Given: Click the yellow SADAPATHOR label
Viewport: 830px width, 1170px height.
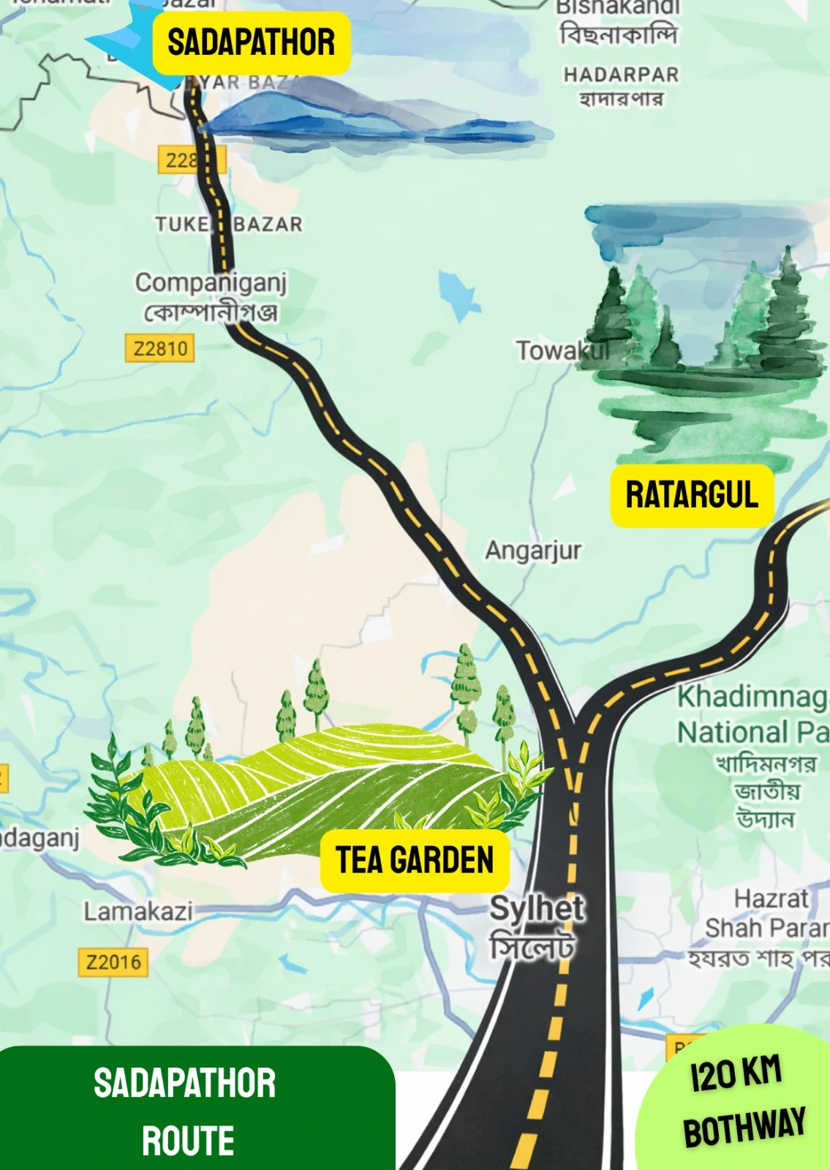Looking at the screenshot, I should click(251, 42).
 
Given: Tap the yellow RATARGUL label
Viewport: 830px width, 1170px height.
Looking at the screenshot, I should click(692, 495).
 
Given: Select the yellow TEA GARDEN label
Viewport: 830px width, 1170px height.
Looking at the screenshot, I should click(415, 860).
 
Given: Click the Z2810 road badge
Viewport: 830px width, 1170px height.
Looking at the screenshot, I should click(160, 348).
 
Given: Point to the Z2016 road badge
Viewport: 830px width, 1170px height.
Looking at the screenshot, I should click(113, 962).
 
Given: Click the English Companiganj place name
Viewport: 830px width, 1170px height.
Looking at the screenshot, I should click(211, 282).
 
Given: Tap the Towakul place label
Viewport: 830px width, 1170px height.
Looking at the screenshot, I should click(562, 350).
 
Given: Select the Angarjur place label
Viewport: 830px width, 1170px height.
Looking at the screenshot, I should click(533, 550).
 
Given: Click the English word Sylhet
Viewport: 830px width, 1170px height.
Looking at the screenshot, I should click(536, 909).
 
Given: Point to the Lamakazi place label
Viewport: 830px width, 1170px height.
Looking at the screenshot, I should click(138, 912).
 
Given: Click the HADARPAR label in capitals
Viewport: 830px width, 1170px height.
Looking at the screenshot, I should click(621, 75).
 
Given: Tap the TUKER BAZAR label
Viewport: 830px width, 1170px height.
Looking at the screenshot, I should click(228, 224).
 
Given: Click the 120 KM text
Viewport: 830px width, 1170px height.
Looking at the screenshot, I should click(736, 1073).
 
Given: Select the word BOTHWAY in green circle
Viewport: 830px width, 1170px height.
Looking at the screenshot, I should click(744, 1127).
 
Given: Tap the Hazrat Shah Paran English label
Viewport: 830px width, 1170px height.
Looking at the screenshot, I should click(768, 913).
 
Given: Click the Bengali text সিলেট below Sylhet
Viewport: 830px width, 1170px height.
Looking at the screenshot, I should click(532, 947).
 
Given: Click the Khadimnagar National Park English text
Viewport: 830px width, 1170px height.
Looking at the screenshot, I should click(752, 714).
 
